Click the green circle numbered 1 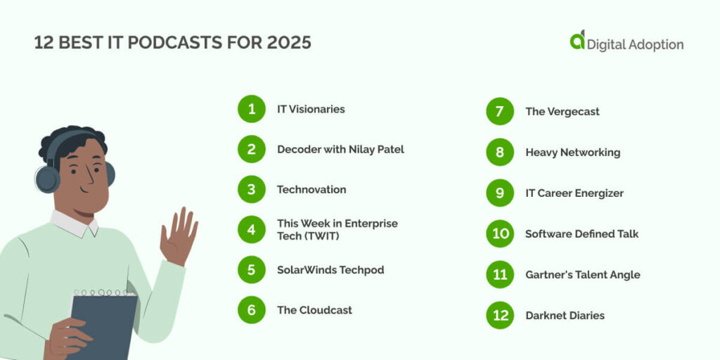click(x=252, y=109)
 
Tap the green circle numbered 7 click(x=500, y=111)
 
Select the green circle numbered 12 click(x=500, y=316)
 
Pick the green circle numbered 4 click(x=252, y=229)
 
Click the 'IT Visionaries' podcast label click(x=311, y=109)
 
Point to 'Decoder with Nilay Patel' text click(x=341, y=149)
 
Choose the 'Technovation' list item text click(x=311, y=190)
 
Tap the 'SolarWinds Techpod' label click(x=330, y=270)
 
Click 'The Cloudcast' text click(x=314, y=310)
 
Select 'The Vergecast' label click(x=562, y=112)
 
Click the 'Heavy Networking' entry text click(x=573, y=153)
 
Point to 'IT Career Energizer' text click(x=574, y=193)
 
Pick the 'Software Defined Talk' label click(x=581, y=233)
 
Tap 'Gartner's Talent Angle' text click(x=583, y=275)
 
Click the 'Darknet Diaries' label click(x=565, y=316)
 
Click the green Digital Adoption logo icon click(x=577, y=40)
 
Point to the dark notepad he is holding click(x=103, y=324)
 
